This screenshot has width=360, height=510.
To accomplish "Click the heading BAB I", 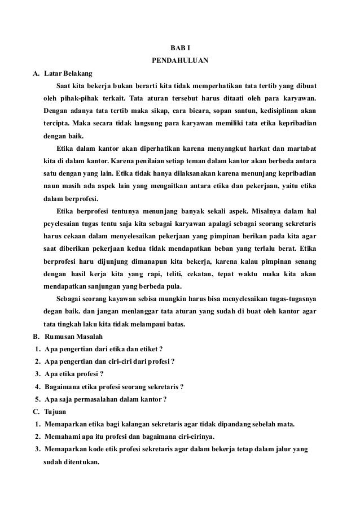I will tap(180, 49).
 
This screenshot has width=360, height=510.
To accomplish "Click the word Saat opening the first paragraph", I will tap(65, 86).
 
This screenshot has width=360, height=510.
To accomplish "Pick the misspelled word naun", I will tap(52, 186).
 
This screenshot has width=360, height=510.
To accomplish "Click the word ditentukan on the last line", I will tap(81, 461).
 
